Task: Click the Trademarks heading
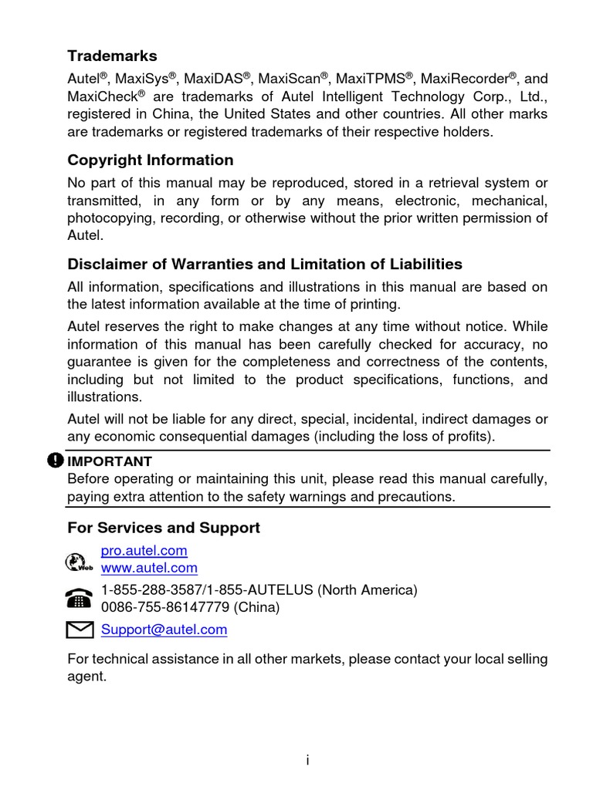112,56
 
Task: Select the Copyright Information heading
150,160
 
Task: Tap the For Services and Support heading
164,528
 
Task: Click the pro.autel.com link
144,551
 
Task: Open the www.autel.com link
149,568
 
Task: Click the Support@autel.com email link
164,630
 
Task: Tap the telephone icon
80,598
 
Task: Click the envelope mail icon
80,630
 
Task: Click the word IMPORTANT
110,461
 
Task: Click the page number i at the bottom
307,761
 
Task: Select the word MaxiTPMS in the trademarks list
373,79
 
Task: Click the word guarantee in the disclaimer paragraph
98,361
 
